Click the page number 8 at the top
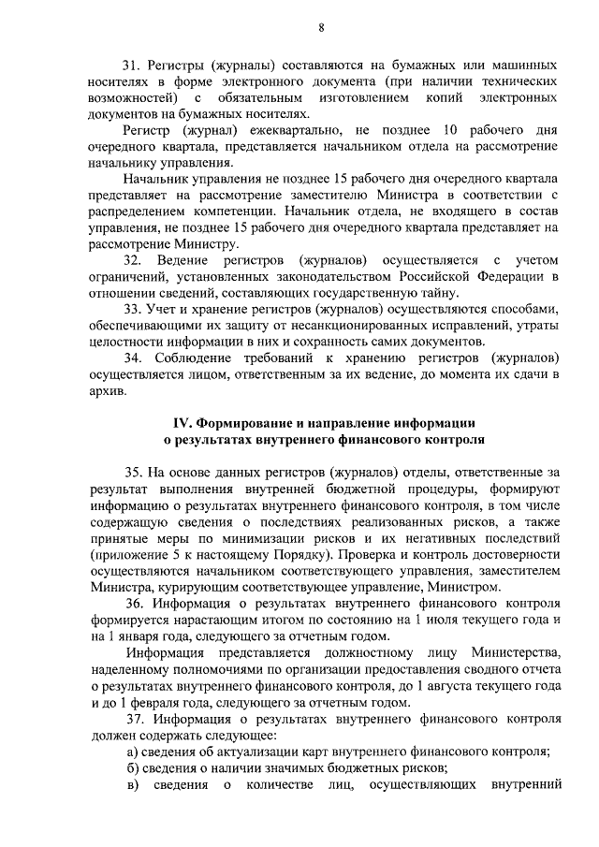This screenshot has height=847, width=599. click(320, 27)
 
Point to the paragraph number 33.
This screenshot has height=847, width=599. click(132, 307)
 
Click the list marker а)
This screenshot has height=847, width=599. click(135, 752)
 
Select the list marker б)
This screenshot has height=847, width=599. click(135, 767)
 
